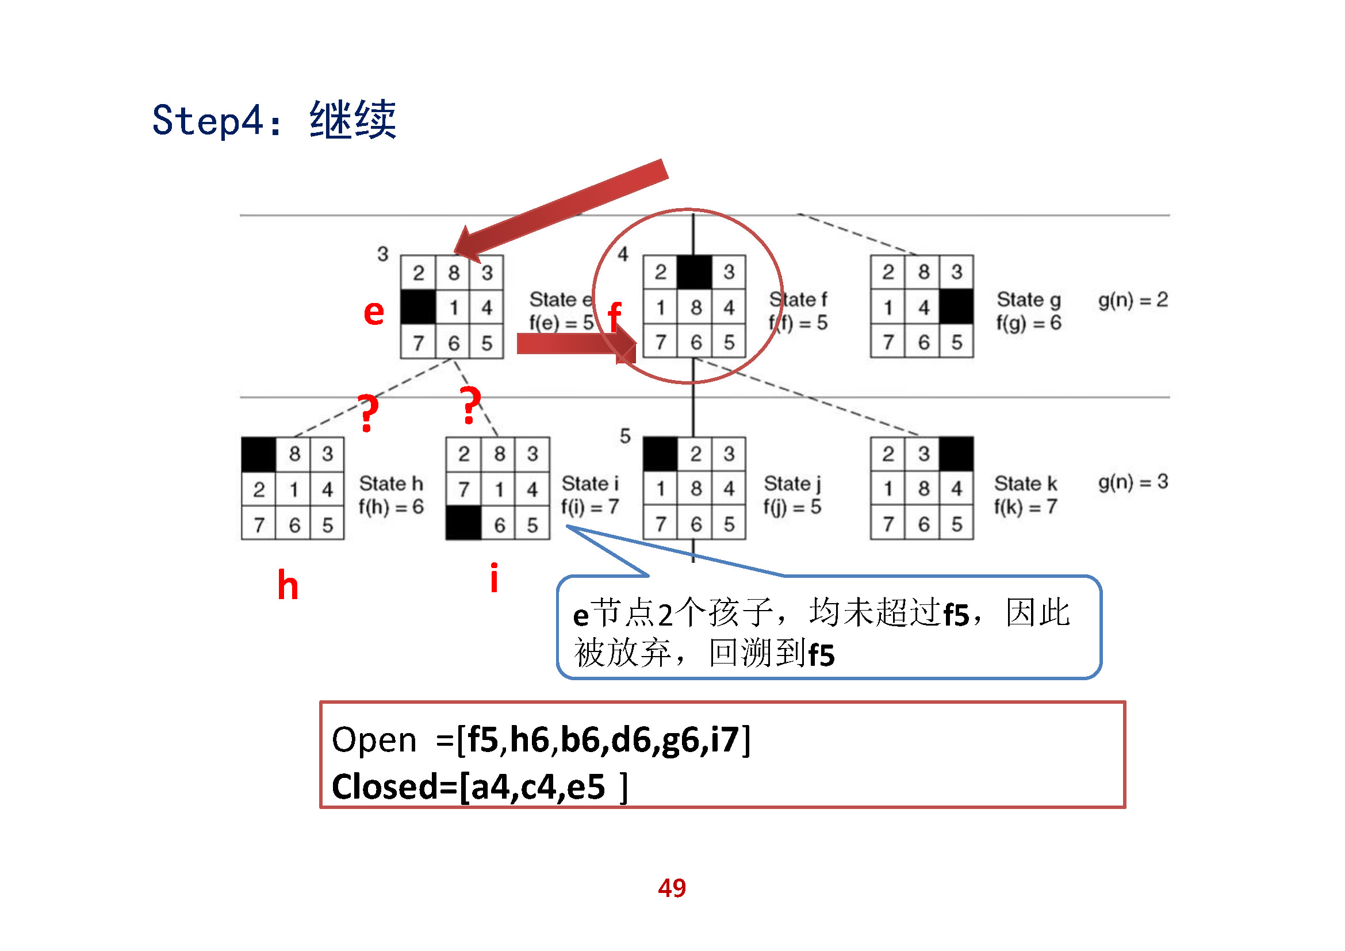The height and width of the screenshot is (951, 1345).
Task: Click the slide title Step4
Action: [x=274, y=120]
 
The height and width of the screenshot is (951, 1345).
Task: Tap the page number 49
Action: [x=671, y=888]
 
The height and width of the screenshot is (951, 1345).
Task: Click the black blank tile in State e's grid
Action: [x=417, y=307]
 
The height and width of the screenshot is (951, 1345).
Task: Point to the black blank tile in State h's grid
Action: [x=258, y=454]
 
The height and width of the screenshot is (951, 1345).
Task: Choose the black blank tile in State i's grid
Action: [x=463, y=523]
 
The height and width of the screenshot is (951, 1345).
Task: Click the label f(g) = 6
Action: [x=1028, y=323]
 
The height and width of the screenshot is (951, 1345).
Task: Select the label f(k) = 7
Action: [x=1025, y=507]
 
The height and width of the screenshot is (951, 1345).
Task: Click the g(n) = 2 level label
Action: [x=1132, y=300]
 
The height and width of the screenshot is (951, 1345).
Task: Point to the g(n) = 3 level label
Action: [x=1132, y=482]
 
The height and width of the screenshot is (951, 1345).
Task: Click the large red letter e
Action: [x=374, y=313]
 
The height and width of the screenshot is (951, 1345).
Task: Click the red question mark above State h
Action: [x=368, y=413]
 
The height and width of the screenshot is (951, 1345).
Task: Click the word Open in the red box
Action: [x=374, y=739]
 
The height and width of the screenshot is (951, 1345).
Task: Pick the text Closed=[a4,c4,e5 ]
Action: [x=479, y=787]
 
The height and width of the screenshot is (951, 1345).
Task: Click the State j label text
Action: [x=792, y=484]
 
